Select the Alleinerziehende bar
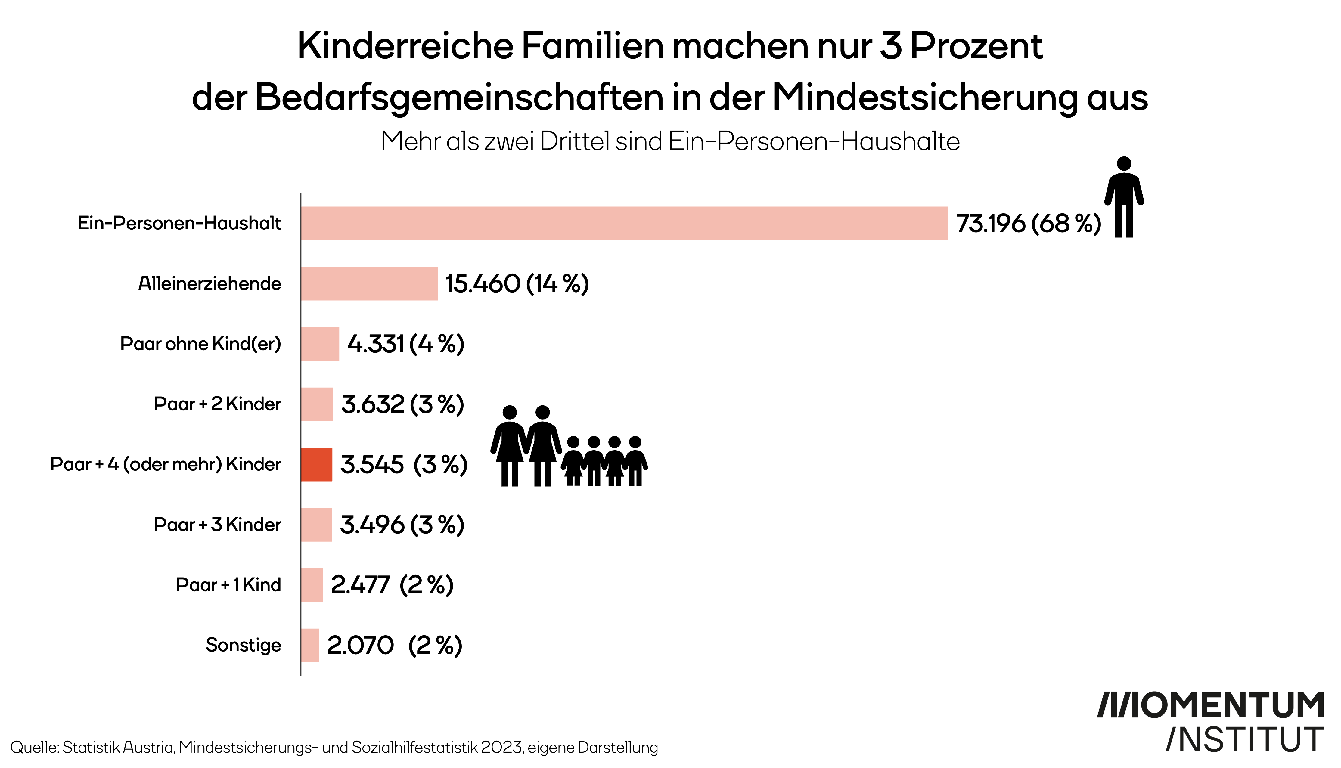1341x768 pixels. pos(369,284)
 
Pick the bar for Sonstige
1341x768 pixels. pos(310,645)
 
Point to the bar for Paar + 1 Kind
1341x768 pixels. pos(312,585)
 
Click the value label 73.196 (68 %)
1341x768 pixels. pos(1028,224)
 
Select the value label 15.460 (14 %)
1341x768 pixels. pos(517,284)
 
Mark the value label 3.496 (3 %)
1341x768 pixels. pos(402,525)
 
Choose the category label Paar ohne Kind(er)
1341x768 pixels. pos(200,344)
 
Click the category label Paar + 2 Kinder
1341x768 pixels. pos(217,404)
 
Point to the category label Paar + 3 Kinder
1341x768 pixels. pos(217,525)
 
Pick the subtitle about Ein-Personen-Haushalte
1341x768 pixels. pos(670,141)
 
